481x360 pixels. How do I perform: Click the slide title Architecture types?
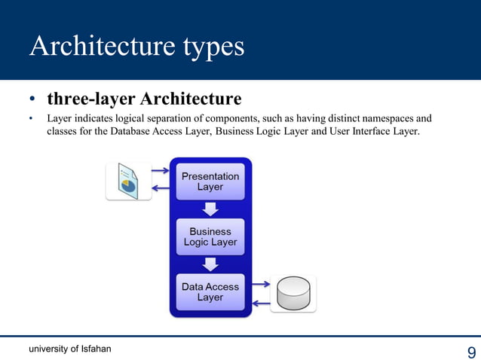(137, 47)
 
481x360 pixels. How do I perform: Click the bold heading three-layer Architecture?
(144, 99)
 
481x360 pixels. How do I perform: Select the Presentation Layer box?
(210, 182)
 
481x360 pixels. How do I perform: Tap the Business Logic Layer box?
(210, 237)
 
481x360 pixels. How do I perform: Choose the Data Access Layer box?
(210, 292)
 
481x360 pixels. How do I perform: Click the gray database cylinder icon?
(293, 293)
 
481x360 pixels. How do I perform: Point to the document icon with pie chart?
(128, 181)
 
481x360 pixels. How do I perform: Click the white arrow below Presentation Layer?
(210, 209)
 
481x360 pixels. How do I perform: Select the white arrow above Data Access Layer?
(210, 264)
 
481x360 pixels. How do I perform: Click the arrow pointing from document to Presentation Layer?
(161, 170)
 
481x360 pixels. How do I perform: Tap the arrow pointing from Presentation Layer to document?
(161, 189)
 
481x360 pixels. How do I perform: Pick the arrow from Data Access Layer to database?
(260, 285)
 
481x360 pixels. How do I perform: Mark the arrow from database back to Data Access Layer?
(260, 303)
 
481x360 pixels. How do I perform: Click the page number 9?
(471, 352)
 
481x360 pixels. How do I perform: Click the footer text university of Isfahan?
(70, 348)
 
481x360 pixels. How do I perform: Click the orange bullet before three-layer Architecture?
(32, 100)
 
